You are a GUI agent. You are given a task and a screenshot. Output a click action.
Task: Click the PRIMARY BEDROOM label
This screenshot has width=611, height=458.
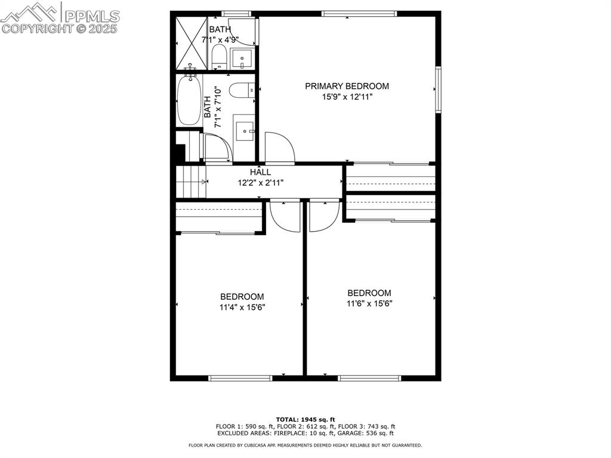click(x=347, y=86)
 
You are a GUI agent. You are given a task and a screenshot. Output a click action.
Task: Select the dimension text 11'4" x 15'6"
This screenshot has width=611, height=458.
click(x=242, y=308)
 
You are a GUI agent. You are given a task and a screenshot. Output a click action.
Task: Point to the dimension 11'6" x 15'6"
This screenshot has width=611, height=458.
click(x=369, y=303)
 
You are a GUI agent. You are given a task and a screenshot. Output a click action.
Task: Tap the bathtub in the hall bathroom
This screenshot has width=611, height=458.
click(x=190, y=100)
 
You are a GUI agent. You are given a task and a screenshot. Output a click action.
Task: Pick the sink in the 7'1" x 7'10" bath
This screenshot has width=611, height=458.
click(x=244, y=131)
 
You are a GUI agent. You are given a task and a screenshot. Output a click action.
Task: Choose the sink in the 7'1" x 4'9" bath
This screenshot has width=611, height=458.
click(x=242, y=58)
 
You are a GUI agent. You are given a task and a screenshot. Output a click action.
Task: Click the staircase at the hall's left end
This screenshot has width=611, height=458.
click(x=191, y=182)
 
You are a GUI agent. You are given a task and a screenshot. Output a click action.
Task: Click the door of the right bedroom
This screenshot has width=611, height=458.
click(x=324, y=215)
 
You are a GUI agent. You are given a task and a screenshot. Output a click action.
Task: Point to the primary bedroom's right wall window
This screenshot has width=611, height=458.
click(x=438, y=89)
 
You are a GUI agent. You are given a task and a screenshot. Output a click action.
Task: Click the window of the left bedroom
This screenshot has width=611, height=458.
click(x=240, y=377)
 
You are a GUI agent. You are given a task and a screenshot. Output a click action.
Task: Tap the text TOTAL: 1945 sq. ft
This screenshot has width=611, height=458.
click(x=305, y=419)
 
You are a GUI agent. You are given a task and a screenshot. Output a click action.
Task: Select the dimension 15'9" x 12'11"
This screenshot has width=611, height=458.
click(x=347, y=97)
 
